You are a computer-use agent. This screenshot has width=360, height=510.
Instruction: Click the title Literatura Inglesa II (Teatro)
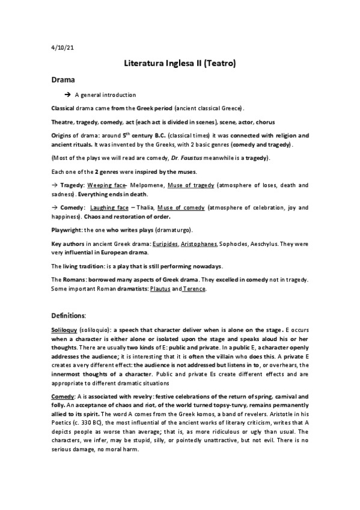pos(179,62)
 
